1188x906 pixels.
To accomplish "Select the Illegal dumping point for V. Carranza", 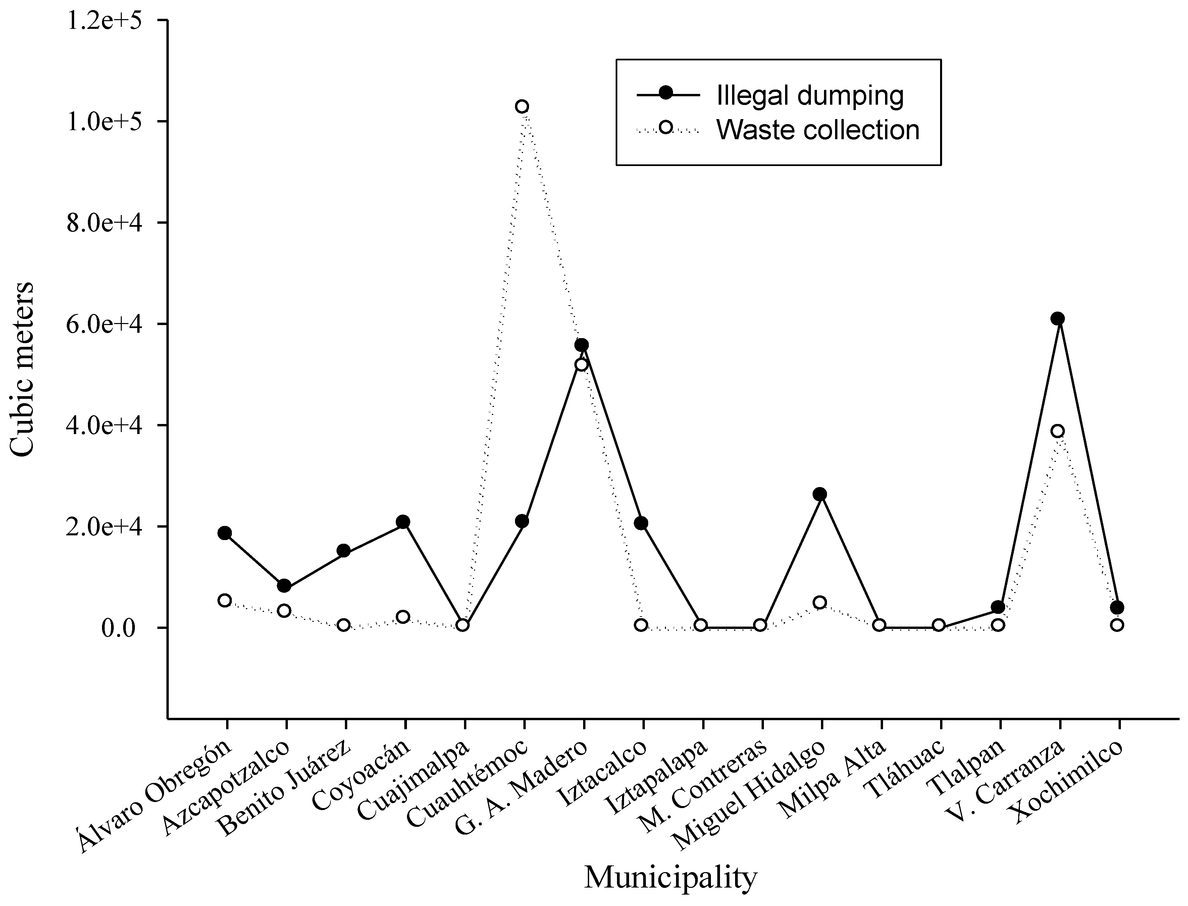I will [1057, 318].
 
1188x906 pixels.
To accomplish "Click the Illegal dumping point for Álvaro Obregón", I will [225, 533].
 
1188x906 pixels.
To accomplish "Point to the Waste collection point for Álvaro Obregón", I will [225, 600].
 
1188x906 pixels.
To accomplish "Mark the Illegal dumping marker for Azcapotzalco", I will [284, 586].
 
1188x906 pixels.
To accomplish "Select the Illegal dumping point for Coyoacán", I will [403, 522].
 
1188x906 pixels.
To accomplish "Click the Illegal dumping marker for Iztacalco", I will [641, 523].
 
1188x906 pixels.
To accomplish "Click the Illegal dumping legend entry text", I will [810, 96].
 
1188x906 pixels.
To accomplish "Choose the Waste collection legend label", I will [818, 130].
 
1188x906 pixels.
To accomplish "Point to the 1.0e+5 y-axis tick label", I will [111, 121].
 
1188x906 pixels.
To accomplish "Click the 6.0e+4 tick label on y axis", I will [111, 324].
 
